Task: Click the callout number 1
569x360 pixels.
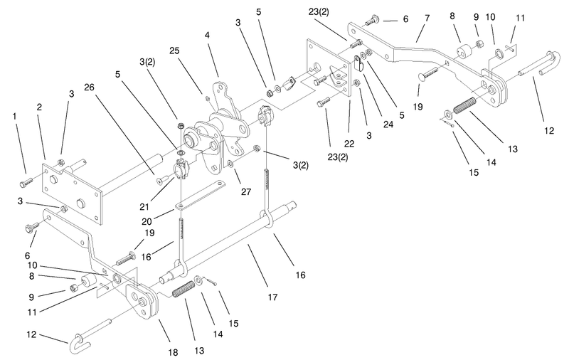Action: pos(14,117)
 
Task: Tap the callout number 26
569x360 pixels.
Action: pos(89,88)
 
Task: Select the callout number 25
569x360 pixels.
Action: pos(174,51)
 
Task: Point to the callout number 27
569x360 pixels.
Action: pos(246,191)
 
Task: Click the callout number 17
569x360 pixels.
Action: pos(272,297)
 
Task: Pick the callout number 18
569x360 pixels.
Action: pos(173,351)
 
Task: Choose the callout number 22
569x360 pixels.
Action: pos(349,144)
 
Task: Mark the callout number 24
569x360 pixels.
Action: pos(388,125)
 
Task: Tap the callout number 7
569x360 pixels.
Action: pos(427,18)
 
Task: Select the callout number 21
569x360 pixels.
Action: pos(144,207)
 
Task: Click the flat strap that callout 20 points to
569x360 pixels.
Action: pos(201,194)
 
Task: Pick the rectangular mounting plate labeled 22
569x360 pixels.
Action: pos(329,68)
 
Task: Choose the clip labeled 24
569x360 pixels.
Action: pos(358,63)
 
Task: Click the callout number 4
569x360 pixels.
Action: pos(207,35)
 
